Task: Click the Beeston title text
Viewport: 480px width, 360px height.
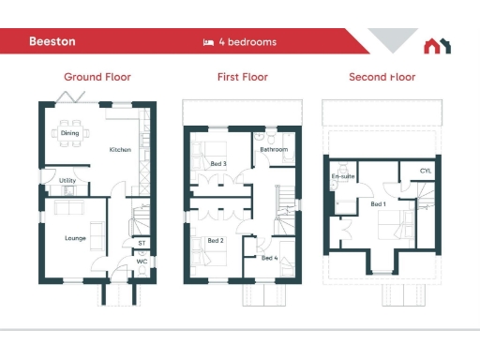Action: coord(52,42)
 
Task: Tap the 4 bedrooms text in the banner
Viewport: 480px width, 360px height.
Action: coord(247,42)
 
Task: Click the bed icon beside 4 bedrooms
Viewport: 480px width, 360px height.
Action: coord(209,42)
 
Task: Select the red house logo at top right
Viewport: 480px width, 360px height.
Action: coord(437,45)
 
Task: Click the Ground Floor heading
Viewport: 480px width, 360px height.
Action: coord(97,77)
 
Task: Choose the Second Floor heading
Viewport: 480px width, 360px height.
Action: coord(382,77)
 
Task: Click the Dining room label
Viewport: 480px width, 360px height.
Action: coord(70,133)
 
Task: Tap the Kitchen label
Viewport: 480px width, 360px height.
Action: coord(120,150)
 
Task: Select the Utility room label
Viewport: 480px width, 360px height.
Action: coord(67,180)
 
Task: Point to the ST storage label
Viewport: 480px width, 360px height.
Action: coord(142,243)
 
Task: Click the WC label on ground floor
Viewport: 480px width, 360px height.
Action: coord(142,262)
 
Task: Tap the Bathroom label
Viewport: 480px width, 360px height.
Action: coord(274,149)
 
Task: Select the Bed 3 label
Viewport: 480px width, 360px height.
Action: coord(218,164)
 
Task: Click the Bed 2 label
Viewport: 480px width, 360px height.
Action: coord(215,241)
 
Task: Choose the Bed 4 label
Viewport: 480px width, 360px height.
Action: coord(269,258)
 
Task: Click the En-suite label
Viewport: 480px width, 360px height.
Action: coord(342,176)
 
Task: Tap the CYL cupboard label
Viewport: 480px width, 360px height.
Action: coord(426,171)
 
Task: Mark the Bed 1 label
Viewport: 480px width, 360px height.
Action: coord(378,203)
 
